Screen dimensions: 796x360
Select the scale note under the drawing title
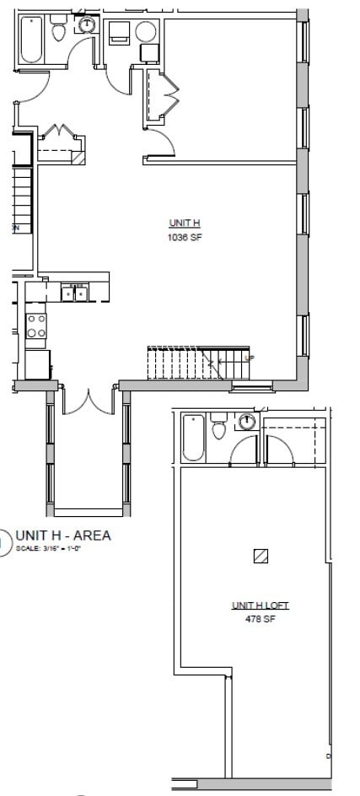[x=48, y=550]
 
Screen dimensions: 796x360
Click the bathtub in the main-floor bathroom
[x=32, y=39]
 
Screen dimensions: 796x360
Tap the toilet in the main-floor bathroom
[x=59, y=32]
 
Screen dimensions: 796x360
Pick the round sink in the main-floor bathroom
[x=87, y=26]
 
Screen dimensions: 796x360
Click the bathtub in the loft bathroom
[x=193, y=437]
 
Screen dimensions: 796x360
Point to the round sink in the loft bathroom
[x=247, y=422]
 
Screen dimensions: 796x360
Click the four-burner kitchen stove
[x=36, y=325]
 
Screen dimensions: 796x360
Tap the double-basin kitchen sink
[x=75, y=293]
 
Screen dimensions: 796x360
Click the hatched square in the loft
[x=261, y=556]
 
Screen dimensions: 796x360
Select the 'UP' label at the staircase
[x=248, y=358]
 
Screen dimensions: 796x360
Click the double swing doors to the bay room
[x=88, y=401]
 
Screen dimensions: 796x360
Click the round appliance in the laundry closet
[x=146, y=32]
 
